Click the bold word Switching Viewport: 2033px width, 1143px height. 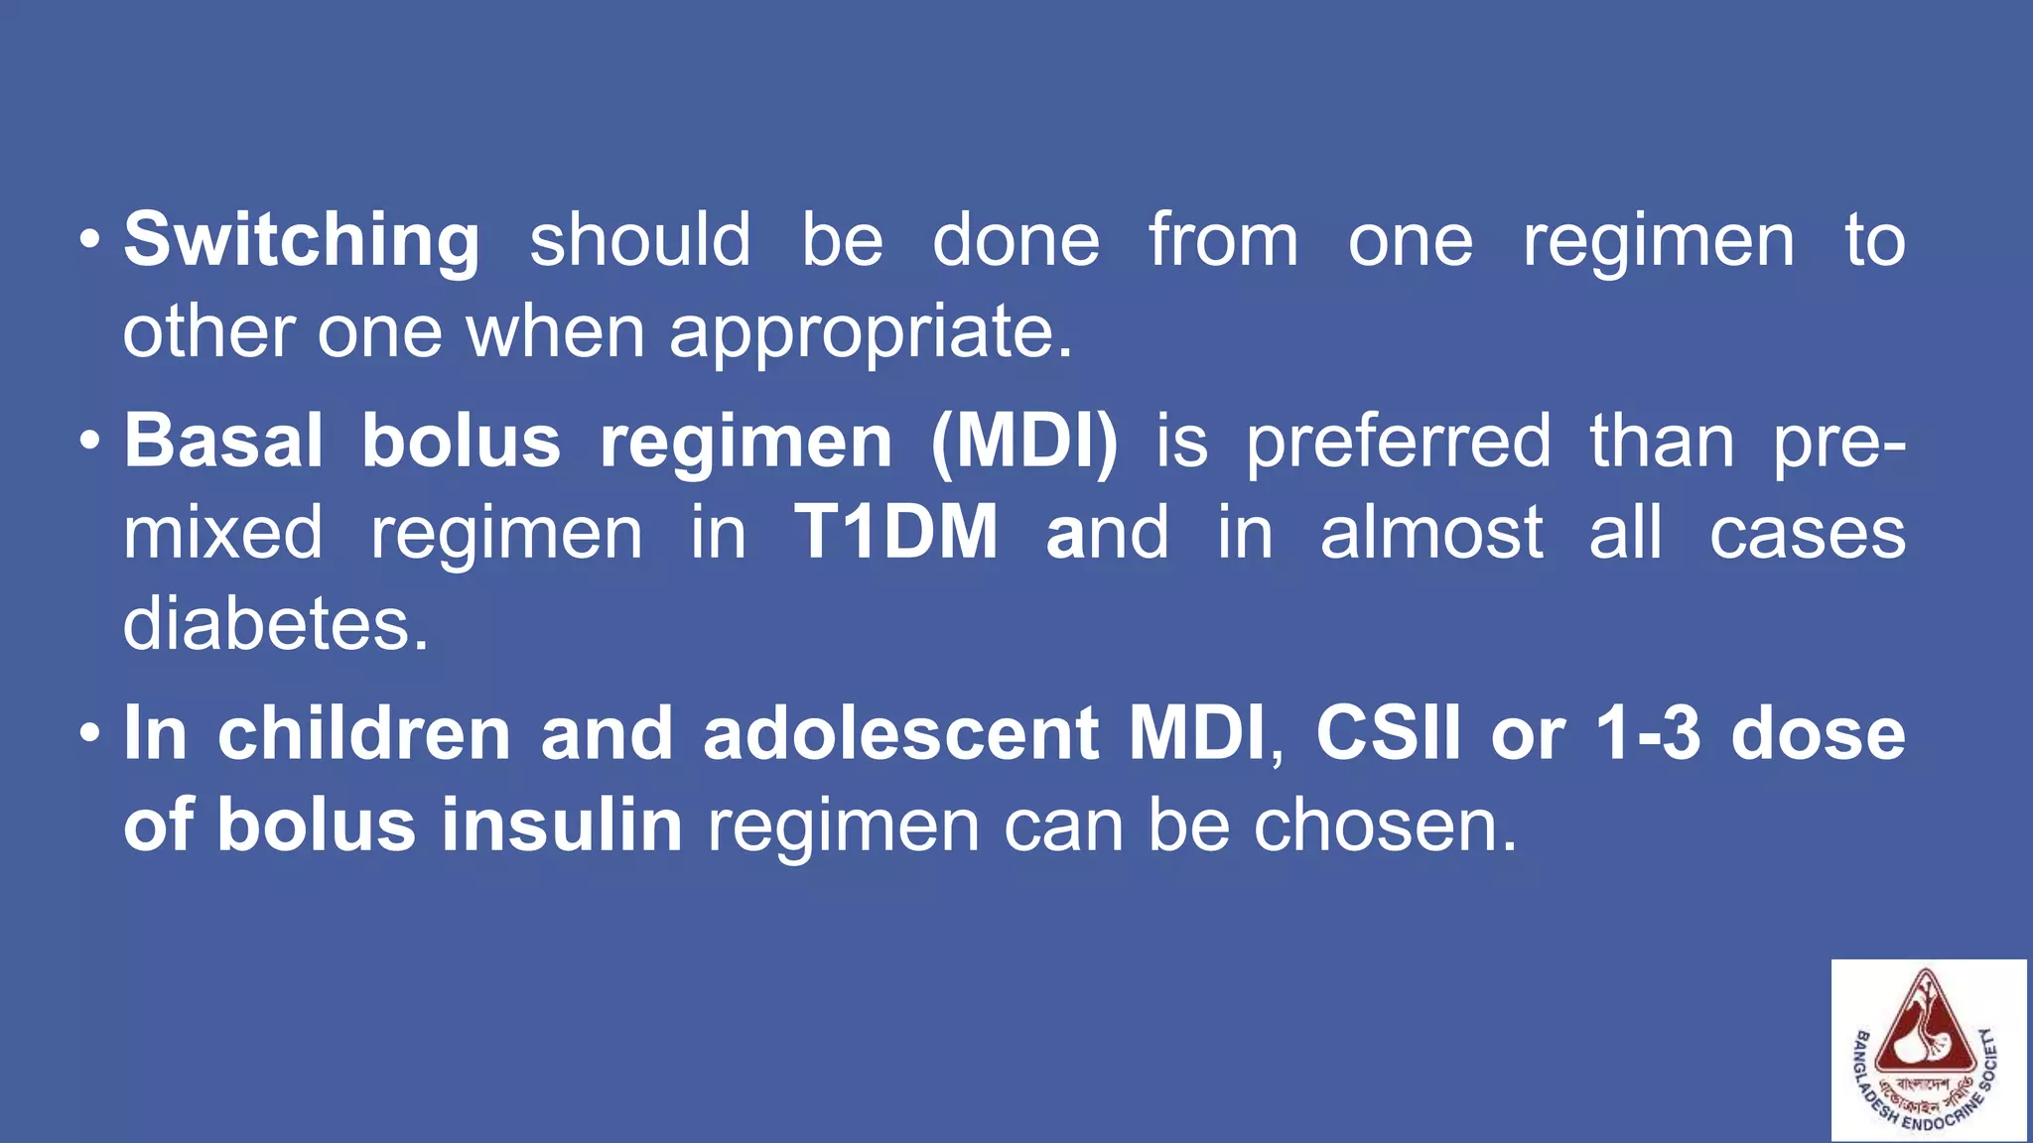pos(302,241)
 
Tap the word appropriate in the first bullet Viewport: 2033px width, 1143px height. pos(871,332)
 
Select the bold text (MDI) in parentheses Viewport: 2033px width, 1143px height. pos(1024,442)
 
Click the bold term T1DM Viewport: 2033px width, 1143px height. pos(896,533)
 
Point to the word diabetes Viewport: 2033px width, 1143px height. pos(276,624)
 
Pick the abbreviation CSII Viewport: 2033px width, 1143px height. pos(1389,733)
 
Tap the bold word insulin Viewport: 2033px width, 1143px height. pos(562,825)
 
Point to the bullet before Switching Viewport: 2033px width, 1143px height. pos(90,241)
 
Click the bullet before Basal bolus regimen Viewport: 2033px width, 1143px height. pos(90,442)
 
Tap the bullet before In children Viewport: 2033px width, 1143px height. pos(90,734)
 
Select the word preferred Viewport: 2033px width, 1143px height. pos(1399,442)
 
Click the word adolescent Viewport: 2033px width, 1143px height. pos(900,733)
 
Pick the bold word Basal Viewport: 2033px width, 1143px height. pos(223,442)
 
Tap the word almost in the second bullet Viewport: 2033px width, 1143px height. pos(1431,533)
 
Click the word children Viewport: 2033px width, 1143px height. pos(364,733)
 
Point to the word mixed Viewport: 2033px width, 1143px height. pos(223,533)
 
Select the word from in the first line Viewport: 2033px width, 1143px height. pos(1223,241)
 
